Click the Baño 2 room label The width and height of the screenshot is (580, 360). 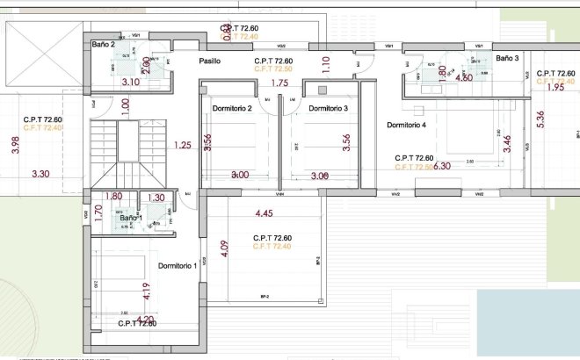tap(103, 43)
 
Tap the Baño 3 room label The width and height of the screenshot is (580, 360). tap(507, 58)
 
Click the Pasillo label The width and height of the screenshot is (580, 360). tap(209, 61)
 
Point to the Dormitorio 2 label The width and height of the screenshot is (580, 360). tap(232, 108)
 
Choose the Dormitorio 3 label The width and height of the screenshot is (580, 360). tap(329, 108)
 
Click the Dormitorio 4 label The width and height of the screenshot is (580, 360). tap(406, 125)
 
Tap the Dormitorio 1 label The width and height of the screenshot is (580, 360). tap(178, 265)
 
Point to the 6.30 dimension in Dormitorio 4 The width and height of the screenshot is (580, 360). tap(443, 166)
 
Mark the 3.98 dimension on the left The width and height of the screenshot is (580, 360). tap(14, 145)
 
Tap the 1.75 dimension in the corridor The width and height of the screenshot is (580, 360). tap(279, 83)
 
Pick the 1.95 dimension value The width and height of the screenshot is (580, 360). tap(555, 88)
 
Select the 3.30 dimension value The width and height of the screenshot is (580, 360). tap(40, 175)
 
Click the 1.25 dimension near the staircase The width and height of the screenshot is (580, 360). tap(183, 145)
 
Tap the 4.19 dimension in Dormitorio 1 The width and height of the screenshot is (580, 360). tap(146, 289)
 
